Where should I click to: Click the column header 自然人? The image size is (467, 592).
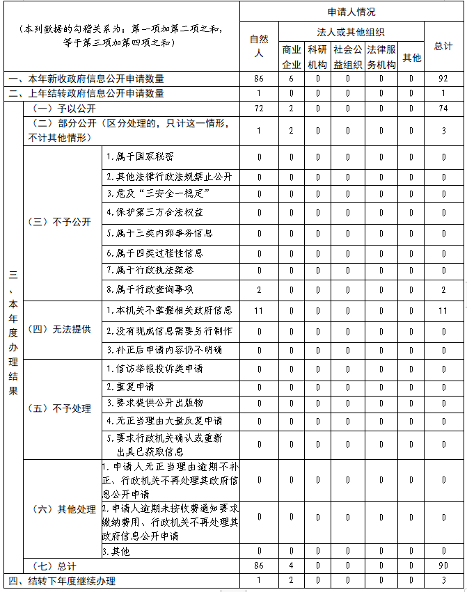pos(259,47)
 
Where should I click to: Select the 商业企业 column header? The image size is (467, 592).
pos(292,57)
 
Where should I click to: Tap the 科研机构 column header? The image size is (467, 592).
pos(317,57)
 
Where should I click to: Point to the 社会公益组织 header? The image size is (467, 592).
pos(348,57)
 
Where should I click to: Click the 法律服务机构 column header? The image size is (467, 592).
pos(381,57)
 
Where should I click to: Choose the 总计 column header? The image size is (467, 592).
pos(443,46)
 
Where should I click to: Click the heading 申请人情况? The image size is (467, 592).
pos(351,12)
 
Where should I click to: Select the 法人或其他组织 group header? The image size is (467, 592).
pos(351,32)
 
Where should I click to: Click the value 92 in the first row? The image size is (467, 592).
pos(443,79)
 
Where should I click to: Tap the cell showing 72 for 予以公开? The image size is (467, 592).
pos(259,109)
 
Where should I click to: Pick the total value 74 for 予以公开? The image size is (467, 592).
pos(443,109)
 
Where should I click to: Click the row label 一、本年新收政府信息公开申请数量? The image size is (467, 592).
pos(87,79)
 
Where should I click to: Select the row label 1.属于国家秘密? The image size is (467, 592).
pos(140,157)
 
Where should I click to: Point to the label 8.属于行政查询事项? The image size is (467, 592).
pos(149,289)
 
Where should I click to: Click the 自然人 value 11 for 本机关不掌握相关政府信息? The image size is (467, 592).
pos(259,310)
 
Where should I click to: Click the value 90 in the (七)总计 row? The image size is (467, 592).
pos(443,566)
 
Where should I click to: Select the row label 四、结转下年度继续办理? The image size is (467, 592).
pos(62,581)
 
